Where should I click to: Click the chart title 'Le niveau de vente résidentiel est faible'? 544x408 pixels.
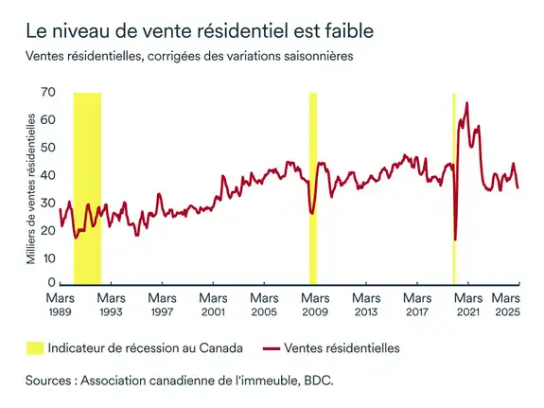click(x=200, y=31)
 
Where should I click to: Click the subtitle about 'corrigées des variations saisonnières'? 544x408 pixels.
click(x=189, y=57)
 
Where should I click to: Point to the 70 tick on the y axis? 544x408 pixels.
click(x=45, y=93)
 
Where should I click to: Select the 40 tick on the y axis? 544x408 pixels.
click(x=45, y=175)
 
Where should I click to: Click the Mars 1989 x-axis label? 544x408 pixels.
click(x=60, y=304)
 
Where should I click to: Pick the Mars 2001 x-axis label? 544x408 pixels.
click(x=213, y=304)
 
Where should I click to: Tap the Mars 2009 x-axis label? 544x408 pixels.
click(x=315, y=304)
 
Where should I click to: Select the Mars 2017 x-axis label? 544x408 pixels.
click(x=417, y=304)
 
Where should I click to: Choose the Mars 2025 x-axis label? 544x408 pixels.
click(x=512, y=304)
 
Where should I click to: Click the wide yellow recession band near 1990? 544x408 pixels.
click(x=87, y=189)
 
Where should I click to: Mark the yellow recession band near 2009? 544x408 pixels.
click(x=313, y=189)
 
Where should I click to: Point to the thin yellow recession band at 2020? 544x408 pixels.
click(x=454, y=189)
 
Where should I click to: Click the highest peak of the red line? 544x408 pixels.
click(x=466, y=102)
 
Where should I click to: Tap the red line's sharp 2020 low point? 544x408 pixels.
click(x=455, y=239)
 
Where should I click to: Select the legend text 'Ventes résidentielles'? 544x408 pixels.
click(x=342, y=348)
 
